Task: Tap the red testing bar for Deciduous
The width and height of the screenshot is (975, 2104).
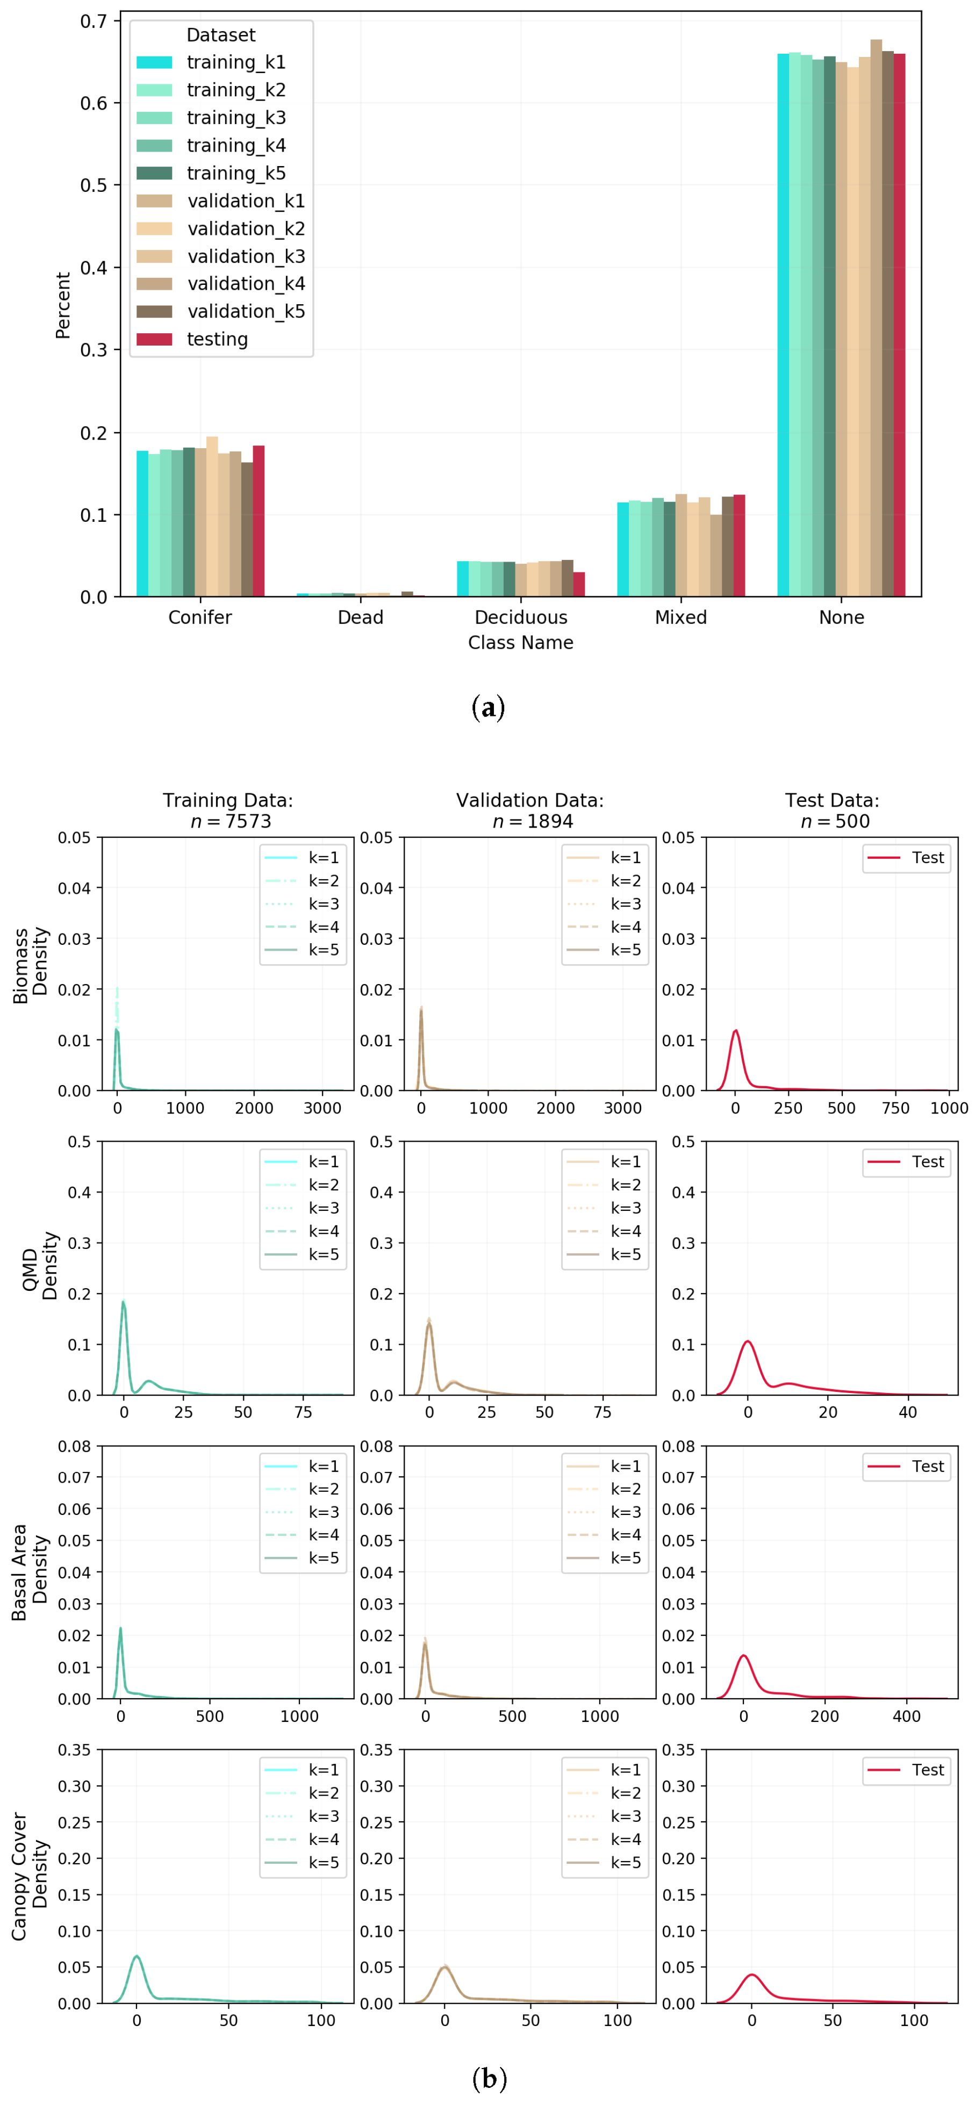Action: (x=579, y=584)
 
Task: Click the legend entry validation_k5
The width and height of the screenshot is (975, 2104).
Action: (x=220, y=311)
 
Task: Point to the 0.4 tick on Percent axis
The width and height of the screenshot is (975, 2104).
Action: (x=94, y=268)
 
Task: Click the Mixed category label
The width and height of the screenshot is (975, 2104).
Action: (x=680, y=617)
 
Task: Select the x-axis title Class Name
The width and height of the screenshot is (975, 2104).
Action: (x=520, y=643)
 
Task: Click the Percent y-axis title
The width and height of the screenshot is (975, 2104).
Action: (x=63, y=305)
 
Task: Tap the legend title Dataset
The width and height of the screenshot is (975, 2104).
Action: (x=220, y=35)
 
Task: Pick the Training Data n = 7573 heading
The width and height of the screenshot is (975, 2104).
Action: (x=228, y=810)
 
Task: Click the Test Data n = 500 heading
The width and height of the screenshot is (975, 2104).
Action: (x=831, y=810)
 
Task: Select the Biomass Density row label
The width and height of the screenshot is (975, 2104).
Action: (x=30, y=965)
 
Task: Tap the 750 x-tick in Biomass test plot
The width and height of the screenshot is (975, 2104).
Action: (x=895, y=1108)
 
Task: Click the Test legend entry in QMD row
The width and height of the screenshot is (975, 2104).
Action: (x=906, y=1161)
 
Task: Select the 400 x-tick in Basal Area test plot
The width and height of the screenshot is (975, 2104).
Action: (x=906, y=1716)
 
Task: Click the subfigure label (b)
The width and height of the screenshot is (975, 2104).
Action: (x=489, y=2078)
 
